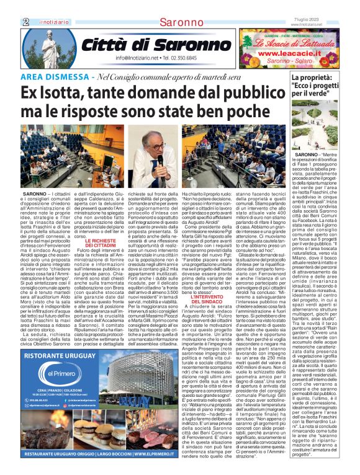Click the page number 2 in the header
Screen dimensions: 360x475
click(26, 21)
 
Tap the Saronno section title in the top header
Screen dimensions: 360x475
click(179, 22)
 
